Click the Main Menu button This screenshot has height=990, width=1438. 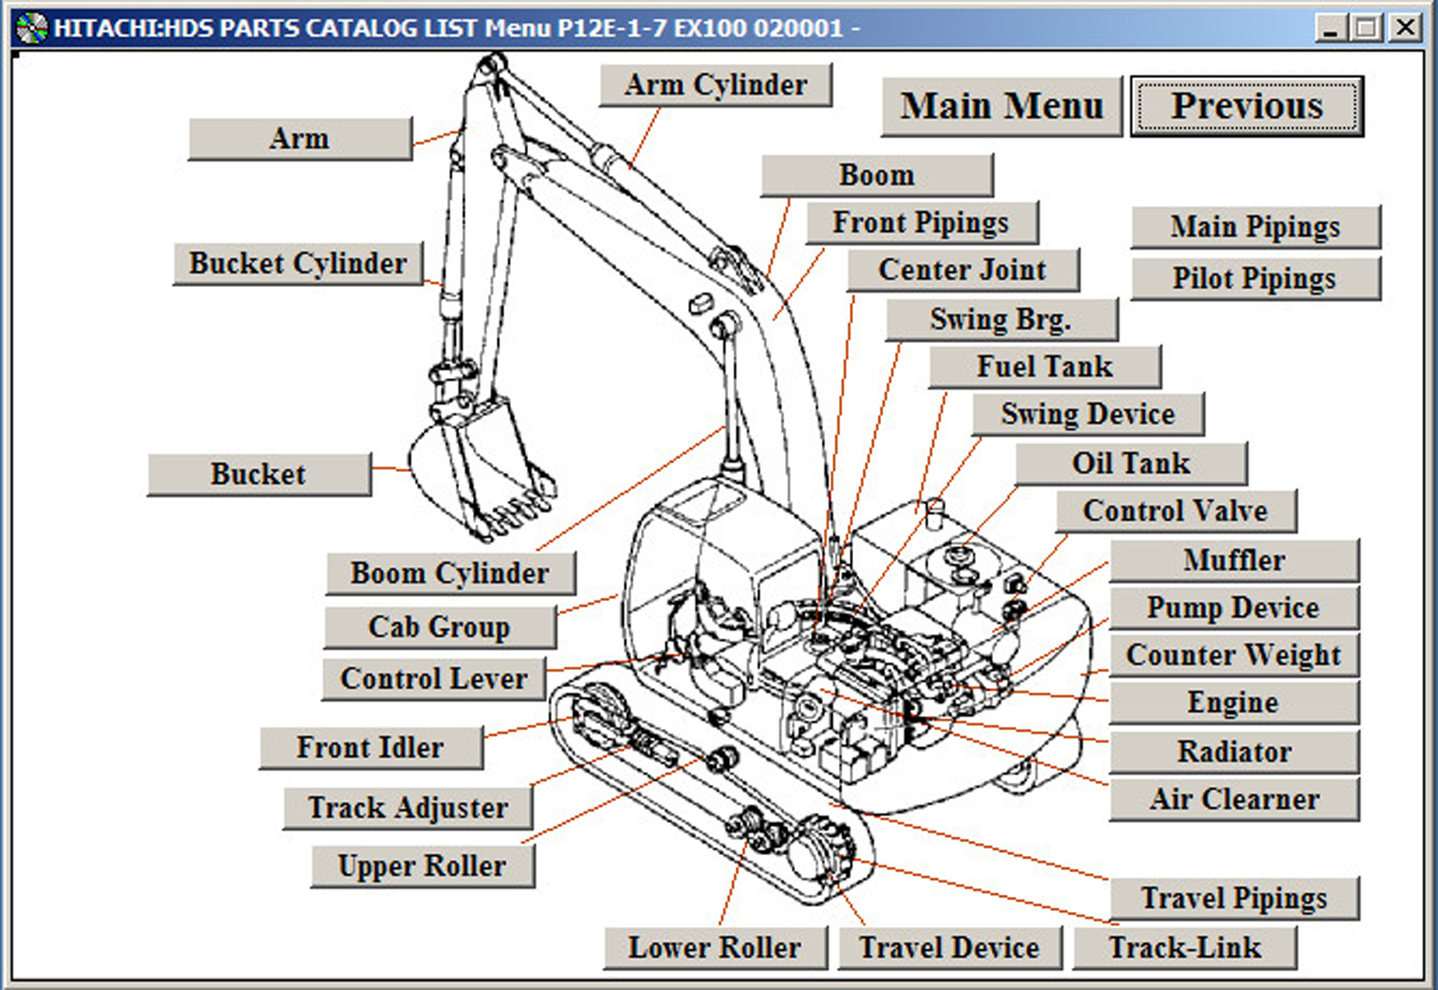coord(1001,107)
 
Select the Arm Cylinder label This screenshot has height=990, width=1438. coord(716,86)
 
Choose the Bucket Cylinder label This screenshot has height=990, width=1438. coord(298,264)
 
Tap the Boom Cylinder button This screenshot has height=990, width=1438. coord(450,573)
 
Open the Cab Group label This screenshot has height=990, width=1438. coord(439,627)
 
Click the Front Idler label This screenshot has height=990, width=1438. coord(370,747)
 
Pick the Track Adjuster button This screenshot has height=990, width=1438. coord(407,807)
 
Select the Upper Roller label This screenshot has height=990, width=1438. coord(422,866)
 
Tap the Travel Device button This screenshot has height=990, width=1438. coord(949,947)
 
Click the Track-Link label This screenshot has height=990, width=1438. coord(1185,947)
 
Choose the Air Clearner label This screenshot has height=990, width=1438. coord(1234,799)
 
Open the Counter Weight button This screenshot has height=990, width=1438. coord(1233,655)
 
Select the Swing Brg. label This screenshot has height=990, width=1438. coord(1001,319)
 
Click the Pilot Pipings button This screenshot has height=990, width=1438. coord(1255,279)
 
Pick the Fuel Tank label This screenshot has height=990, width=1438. coord(1045,367)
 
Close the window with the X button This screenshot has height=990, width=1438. coord(1405,28)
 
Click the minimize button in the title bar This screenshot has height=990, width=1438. coord(1330,28)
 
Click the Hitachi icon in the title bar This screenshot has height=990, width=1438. coord(32,28)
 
